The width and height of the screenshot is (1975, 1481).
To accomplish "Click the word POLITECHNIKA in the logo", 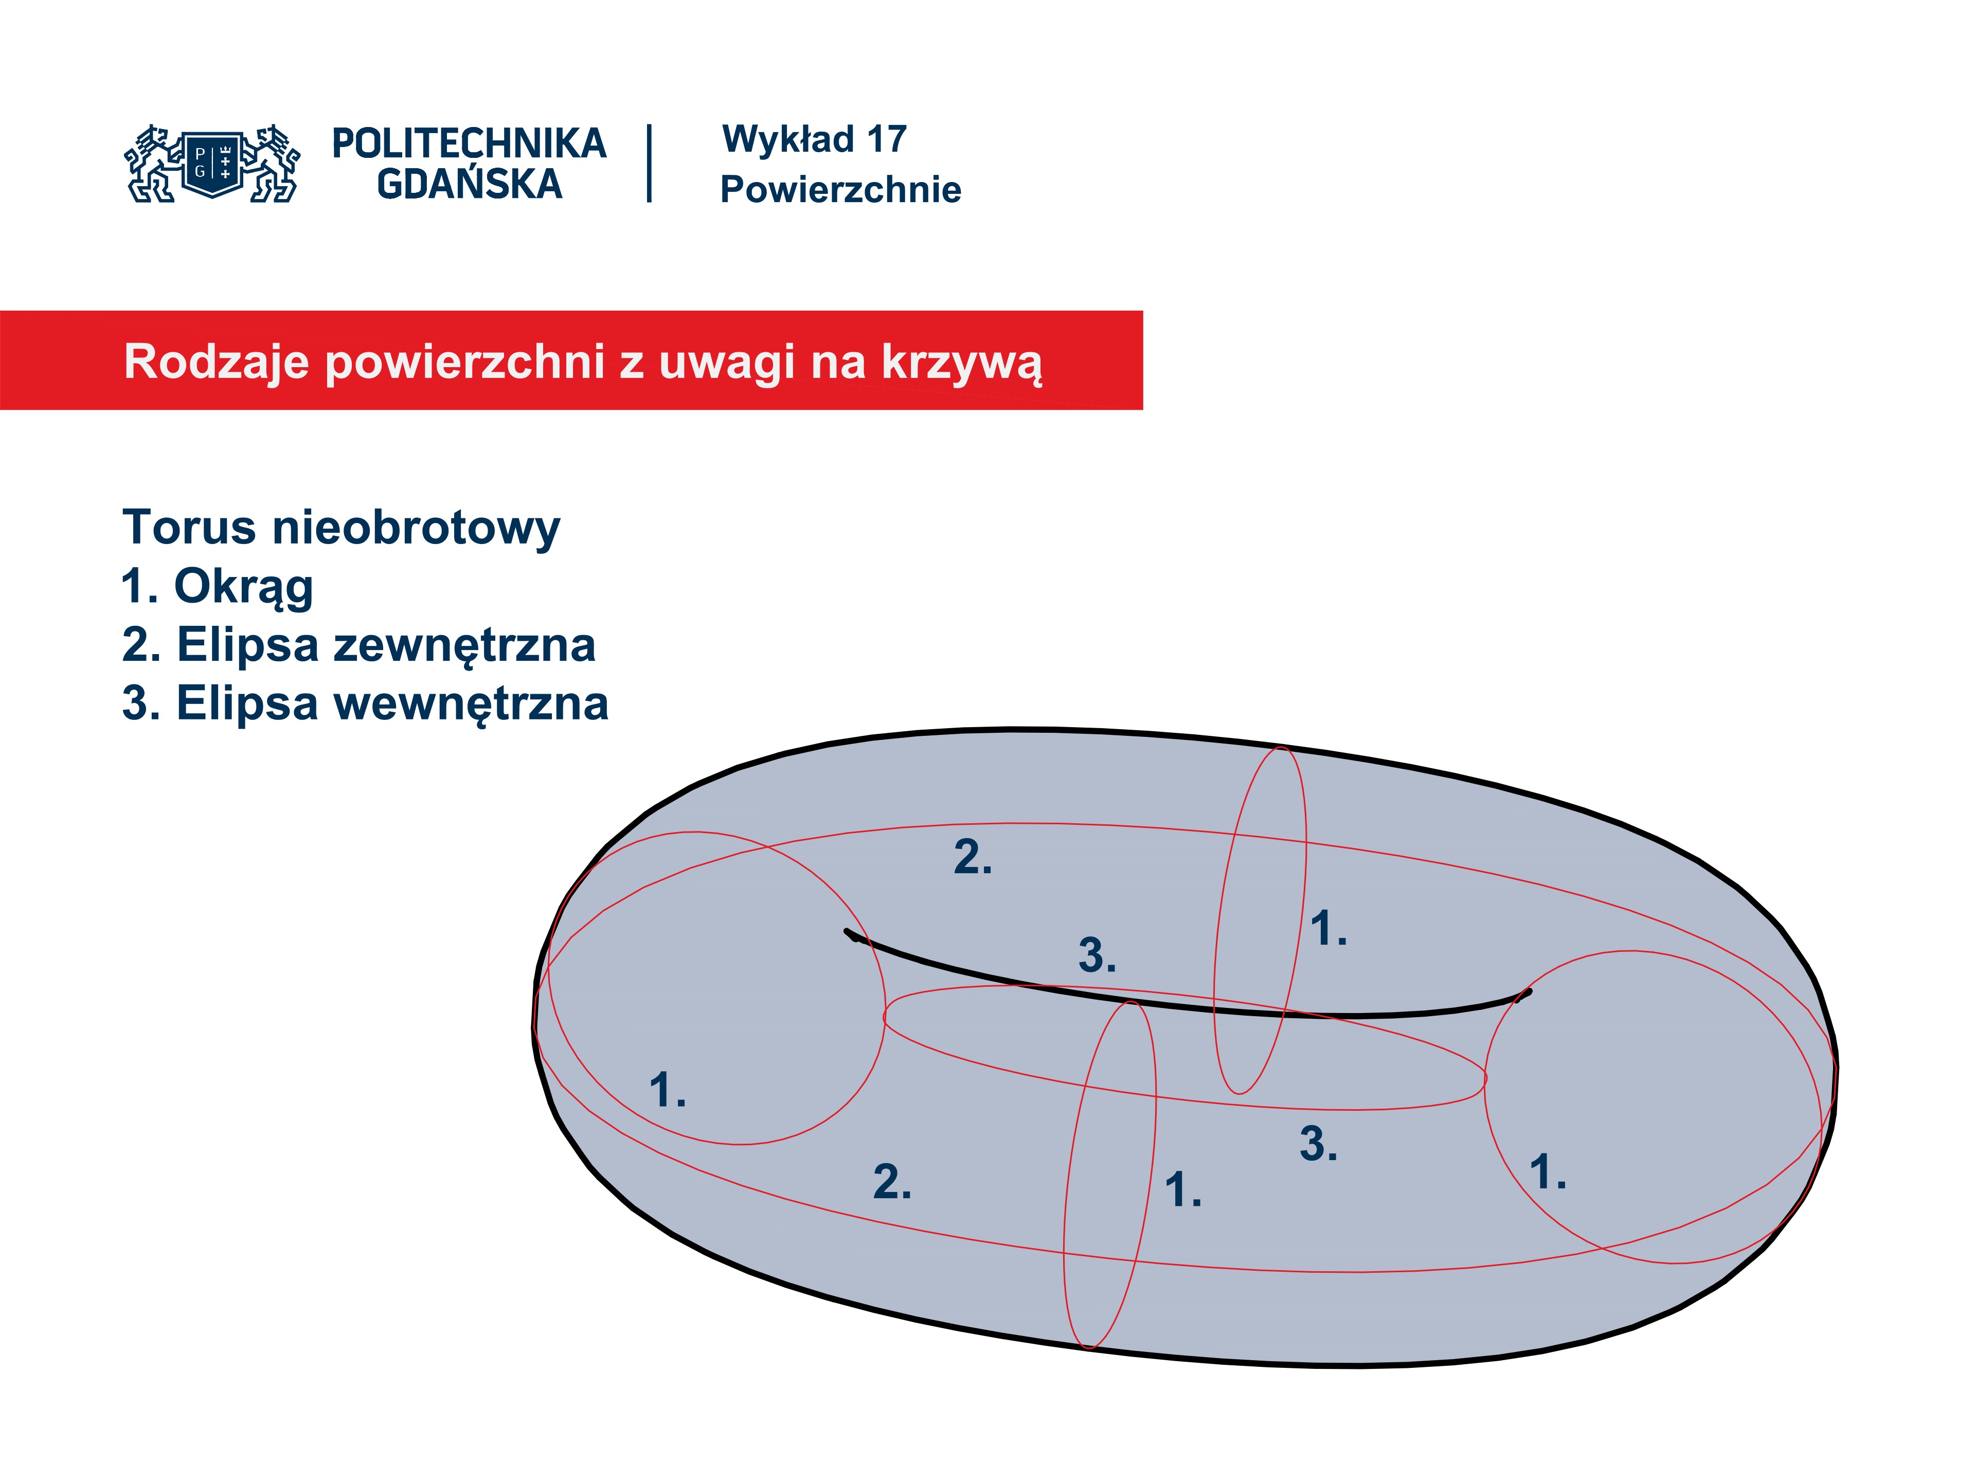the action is (469, 143).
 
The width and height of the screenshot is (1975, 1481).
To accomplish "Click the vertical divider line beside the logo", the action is (649, 164).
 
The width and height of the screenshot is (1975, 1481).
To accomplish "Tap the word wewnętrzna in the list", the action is (471, 703).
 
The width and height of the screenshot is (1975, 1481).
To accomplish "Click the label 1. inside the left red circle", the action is (668, 1090).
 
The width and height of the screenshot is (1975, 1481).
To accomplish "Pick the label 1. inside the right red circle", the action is (1547, 1171).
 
